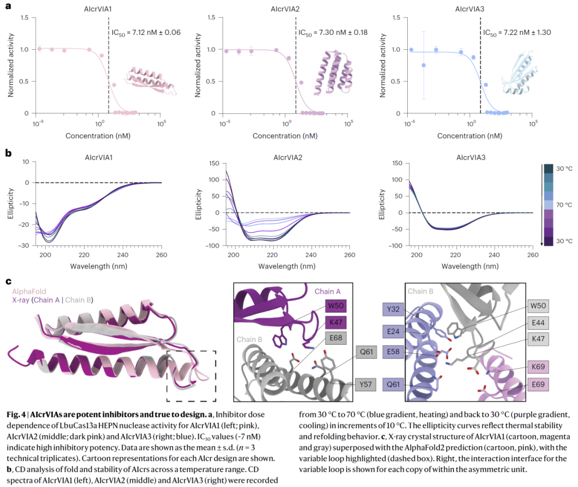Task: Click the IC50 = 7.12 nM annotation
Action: [x=146, y=33]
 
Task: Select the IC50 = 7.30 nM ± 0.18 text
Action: [x=333, y=33]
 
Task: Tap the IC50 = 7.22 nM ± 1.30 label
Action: [x=518, y=33]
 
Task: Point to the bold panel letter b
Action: [x=8, y=153]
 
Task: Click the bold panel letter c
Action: [x=8, y=281]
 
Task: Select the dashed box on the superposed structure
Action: [x=191, y=376]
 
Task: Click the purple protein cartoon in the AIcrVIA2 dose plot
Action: [x=334, y=73]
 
